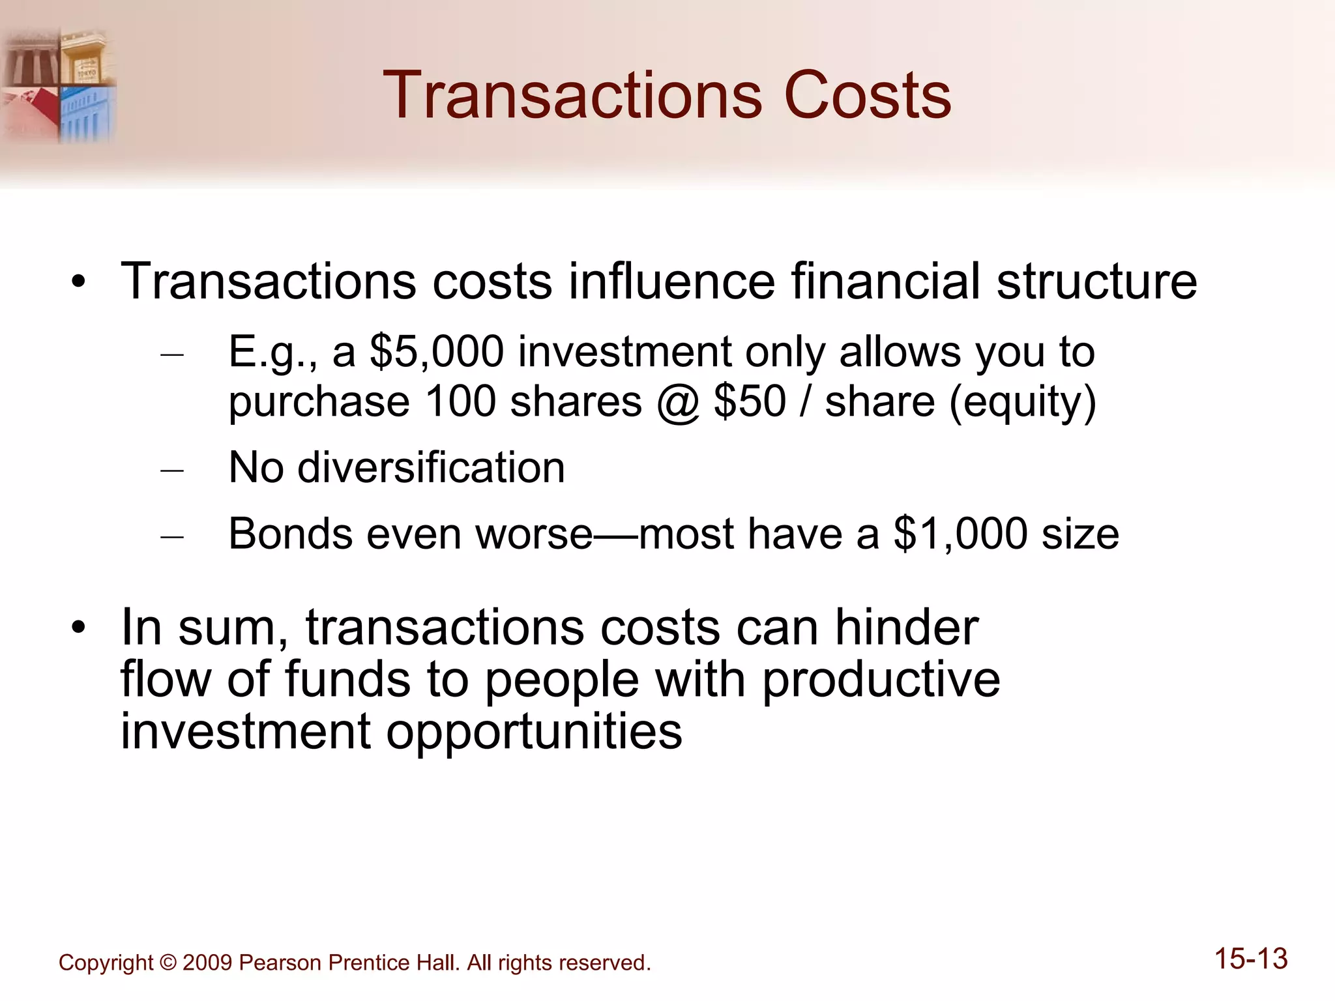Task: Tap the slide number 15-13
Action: point(1251,959)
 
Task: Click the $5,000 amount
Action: point(437,352)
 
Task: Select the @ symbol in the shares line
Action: point(678,402)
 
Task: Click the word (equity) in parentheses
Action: point(1023,402)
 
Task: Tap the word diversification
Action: point(431,467)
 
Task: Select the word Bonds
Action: point(291,534)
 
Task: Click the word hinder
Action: point(907,628)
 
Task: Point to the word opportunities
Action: point(534,732)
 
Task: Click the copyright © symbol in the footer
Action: point(168,963)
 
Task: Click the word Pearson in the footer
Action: point(280,963)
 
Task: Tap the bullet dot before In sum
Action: point(79,628)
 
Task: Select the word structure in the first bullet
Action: point(1096,282)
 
